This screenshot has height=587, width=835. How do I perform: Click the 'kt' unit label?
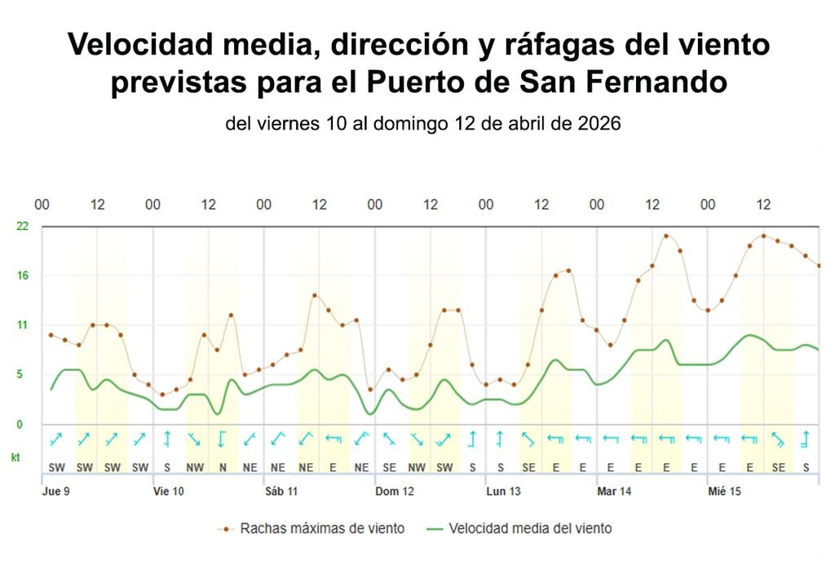pyautogui.click(x=15, y=458)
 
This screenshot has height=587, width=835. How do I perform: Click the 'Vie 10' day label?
pyautogui.click(x=169, y=492)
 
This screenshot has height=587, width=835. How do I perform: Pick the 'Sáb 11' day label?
pyautogui.click(x=281, y=492)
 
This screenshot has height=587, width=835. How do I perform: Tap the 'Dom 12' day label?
pyautogui.click(x=394, y=492)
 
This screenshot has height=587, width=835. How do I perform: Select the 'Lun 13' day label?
pyautogui.click(x=503, y=492)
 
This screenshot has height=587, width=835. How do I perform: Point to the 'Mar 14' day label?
pyautogui.click(x=614, y=492)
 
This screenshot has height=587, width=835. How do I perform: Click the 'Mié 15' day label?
pyautogui.click(x=724, y=492)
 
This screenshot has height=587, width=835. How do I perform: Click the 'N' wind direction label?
pyautogui.click(x=222, y=468)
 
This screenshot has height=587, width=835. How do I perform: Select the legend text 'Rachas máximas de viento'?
pyautogui.click(x=322, y=528)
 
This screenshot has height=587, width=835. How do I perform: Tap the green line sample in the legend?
pyautogui.click(x=435, y=528)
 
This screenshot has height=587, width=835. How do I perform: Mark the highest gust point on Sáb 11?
pyautogui.click(x=315, y=295)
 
